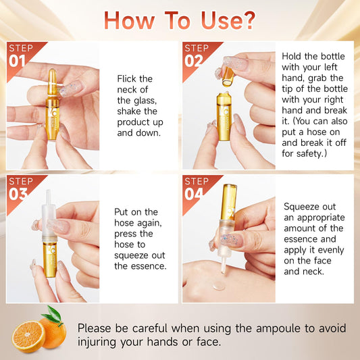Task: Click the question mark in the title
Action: point(247,20)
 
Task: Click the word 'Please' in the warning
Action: point(97,328)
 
